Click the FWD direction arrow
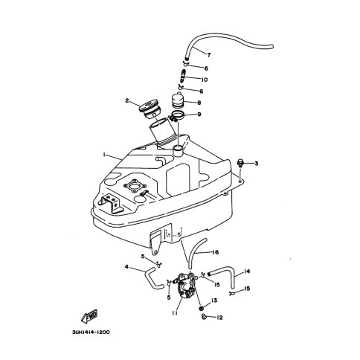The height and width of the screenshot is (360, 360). click(x=89, y=316)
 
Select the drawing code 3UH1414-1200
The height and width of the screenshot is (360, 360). click(x=91, y=332)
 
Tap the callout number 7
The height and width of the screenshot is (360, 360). click(x=209, y=55)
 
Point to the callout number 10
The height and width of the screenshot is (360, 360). click(x=204, y=80)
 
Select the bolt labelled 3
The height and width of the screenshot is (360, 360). click(x=240, y=163)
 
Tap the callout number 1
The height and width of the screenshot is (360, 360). click(x=104, y=155)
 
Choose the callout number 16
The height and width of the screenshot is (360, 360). click(x=215, y=252)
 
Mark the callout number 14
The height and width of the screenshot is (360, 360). click(x=246, y=271)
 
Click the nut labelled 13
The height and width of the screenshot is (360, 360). click(x=202, y=308)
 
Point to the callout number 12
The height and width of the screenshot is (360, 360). click(x=219, y=318)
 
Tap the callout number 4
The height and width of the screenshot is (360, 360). click(x=126, y=267)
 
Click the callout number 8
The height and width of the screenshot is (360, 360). click(x=199, y=103)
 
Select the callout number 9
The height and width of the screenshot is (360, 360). click(x=199, y=115)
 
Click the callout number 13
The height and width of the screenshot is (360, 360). click(x=214, y=300)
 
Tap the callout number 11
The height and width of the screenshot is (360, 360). click(x=175, y=313)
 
